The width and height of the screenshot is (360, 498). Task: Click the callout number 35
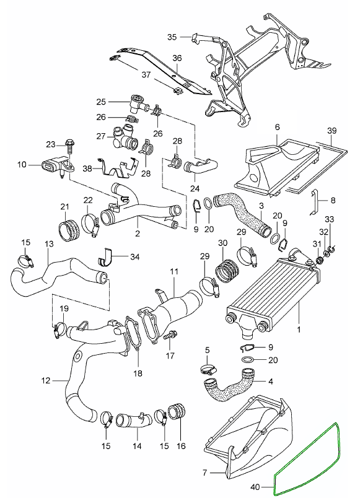pos(172,37)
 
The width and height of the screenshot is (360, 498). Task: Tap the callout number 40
pos(256,487)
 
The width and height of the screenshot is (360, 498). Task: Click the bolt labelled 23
pos(69,149)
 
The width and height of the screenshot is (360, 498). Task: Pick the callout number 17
pos(170,356)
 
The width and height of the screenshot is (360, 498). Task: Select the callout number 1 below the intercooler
pos(299,330)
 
